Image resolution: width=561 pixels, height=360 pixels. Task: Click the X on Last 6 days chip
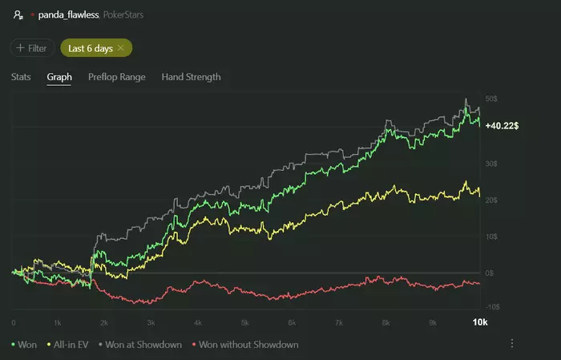(120, 48)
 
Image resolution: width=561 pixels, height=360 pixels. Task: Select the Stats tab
(22, 77)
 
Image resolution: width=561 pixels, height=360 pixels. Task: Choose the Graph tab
(59, 77)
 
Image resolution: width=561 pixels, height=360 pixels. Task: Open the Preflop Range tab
(116, 77)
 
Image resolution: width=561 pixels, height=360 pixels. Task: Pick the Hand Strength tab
(191, 77)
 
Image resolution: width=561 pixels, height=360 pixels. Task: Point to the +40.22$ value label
(501, 126)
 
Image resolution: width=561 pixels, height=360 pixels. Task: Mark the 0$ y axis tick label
(490, 273)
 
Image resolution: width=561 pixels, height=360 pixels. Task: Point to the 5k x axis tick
(245, 322)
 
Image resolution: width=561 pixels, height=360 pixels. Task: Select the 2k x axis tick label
(104, 322)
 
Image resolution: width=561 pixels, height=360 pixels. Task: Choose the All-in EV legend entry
(70, 345)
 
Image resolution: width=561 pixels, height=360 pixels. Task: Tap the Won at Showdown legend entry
(143, 345)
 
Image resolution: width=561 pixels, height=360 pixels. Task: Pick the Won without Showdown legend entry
(247, 345)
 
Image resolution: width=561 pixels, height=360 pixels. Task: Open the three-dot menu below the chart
(512, 344)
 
